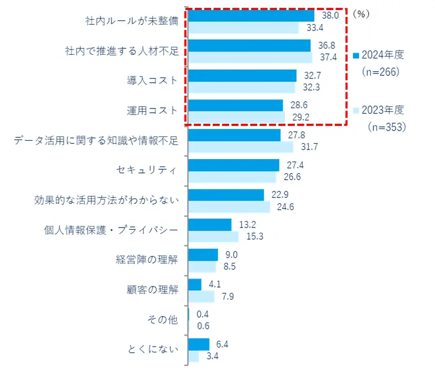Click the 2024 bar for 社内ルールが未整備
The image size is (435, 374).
(x=251, y=15)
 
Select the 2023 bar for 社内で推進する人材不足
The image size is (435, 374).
(x=250, y=57)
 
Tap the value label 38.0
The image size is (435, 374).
(x=330, y=15)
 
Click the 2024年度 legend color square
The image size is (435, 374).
(x=355, y=56)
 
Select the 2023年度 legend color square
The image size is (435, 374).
(x=355, y=111)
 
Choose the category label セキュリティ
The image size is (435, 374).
(x=147, y=170)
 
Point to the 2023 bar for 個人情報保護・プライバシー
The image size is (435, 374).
(x=213, y=237)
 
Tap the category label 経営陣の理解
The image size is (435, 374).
(x=147, y=260)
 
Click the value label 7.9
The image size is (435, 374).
(x=227, y=297)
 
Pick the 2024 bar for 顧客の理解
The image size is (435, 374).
(x=194, y=284)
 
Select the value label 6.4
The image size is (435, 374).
(x=222, y=345)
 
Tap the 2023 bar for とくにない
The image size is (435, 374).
(x=193, y=357)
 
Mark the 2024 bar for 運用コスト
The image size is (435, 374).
(x=235, y=105)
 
